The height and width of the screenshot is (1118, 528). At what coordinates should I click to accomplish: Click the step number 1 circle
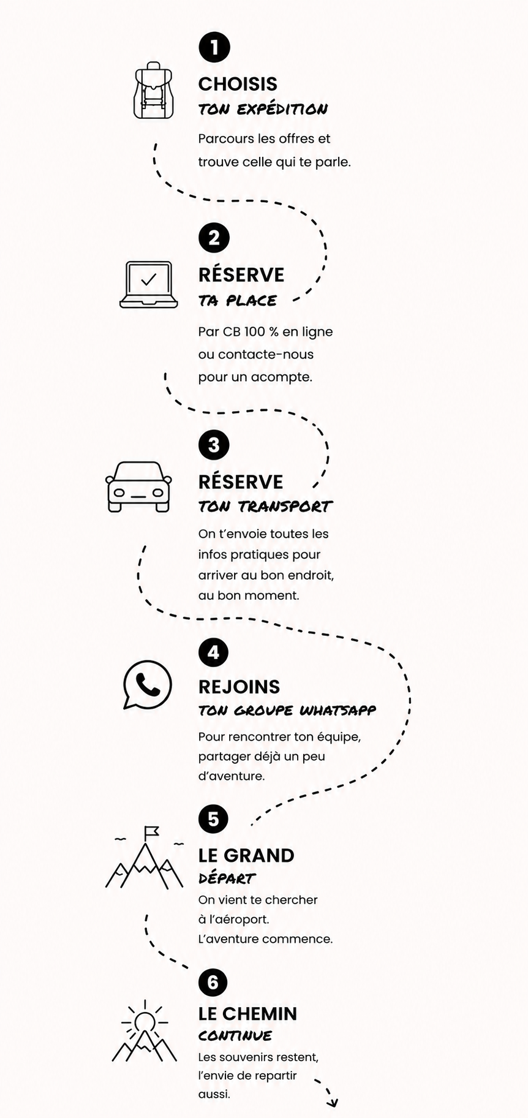pos(214,47)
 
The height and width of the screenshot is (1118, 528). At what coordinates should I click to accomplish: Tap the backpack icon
pos(154,90)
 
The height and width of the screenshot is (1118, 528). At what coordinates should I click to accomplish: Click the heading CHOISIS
pos(238,84)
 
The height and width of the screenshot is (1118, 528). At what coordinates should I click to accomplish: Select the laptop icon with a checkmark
pos(149,284)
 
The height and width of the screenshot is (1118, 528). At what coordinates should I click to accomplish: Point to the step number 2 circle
pos(214,238)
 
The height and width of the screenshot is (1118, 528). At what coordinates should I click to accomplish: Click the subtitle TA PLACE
pos(238,301)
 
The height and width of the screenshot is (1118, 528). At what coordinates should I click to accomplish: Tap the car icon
pos(139,486)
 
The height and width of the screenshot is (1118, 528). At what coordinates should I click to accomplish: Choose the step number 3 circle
pos(214,445)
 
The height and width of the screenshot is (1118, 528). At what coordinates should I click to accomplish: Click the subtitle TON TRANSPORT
pos(265,507)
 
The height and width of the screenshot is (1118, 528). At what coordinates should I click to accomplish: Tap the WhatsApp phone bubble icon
pos(147,685)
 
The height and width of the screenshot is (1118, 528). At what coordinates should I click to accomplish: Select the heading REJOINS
pos(239,687)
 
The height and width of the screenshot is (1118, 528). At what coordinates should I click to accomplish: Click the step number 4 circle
pos(213,652)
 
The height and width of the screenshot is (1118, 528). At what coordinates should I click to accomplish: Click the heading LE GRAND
pos(246,855)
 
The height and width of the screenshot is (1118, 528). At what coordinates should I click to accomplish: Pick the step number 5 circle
pos(213,819)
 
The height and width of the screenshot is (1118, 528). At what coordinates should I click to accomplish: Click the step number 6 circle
pos(213,983)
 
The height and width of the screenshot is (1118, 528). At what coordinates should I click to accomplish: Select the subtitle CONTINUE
pos(235,1036)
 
